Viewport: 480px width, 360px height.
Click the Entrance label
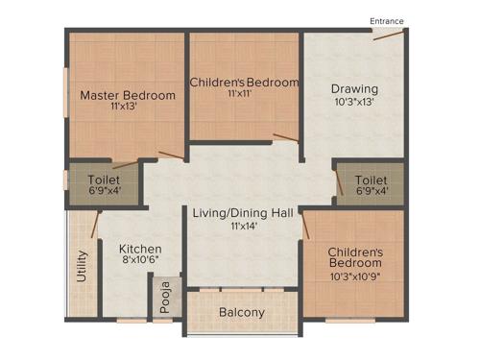pyautogui.click(x=387, y=21)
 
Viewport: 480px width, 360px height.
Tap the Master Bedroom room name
pyautogui.click(x=127, y=95)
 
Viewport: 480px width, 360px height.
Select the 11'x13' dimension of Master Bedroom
pyautogui.click(x=127, y=108)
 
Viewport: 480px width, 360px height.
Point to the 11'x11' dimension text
pyautogui.click(x=244, y=95)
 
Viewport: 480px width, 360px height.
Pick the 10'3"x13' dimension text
pyautogui.click(x=354, y=101)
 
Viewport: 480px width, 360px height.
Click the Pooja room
pyautogui.click(x=165, y=299)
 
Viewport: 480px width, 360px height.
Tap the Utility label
pyautogui.click(x=83, y=268)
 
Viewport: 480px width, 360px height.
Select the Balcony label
pyautogui.click(x=242, y=313)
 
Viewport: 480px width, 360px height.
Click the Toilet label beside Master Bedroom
pyautogui.click(x=103, y=180)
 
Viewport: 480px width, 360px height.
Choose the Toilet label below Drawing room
pyautogui.click(x=371, y=180)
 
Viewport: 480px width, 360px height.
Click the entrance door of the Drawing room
pyautogui.click(x=388, y=35)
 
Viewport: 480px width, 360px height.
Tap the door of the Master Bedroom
pyautogui.click(x=172, y=155)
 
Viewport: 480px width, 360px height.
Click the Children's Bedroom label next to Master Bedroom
pyautogui.click(x=244, y=83)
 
